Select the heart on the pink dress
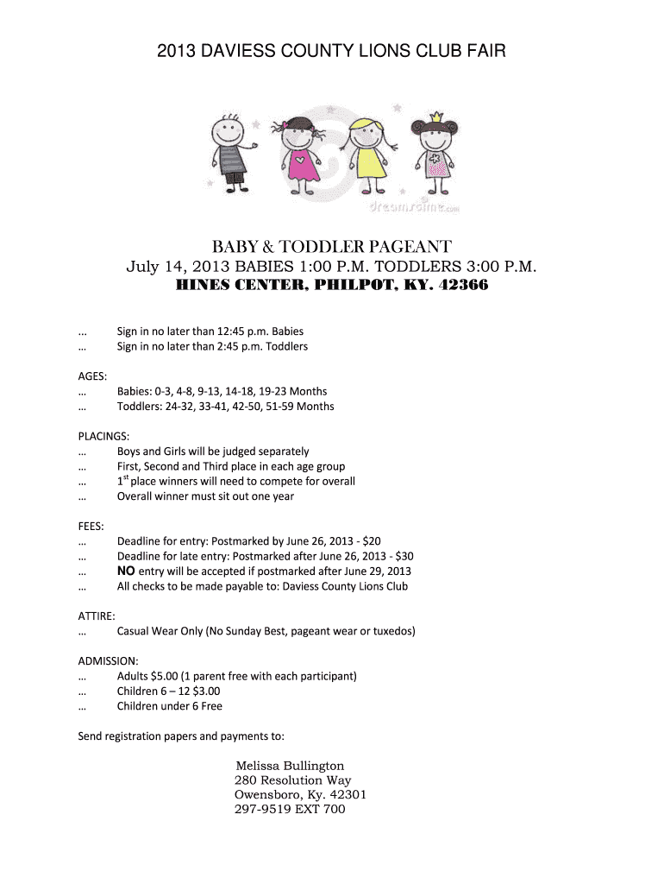click(299, 160)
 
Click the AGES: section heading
click(92, 376)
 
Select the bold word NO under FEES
click(126, 571)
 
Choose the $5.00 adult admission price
click(161, 676)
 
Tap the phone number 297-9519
click(261, 809)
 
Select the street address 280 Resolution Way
click(292, 780)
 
